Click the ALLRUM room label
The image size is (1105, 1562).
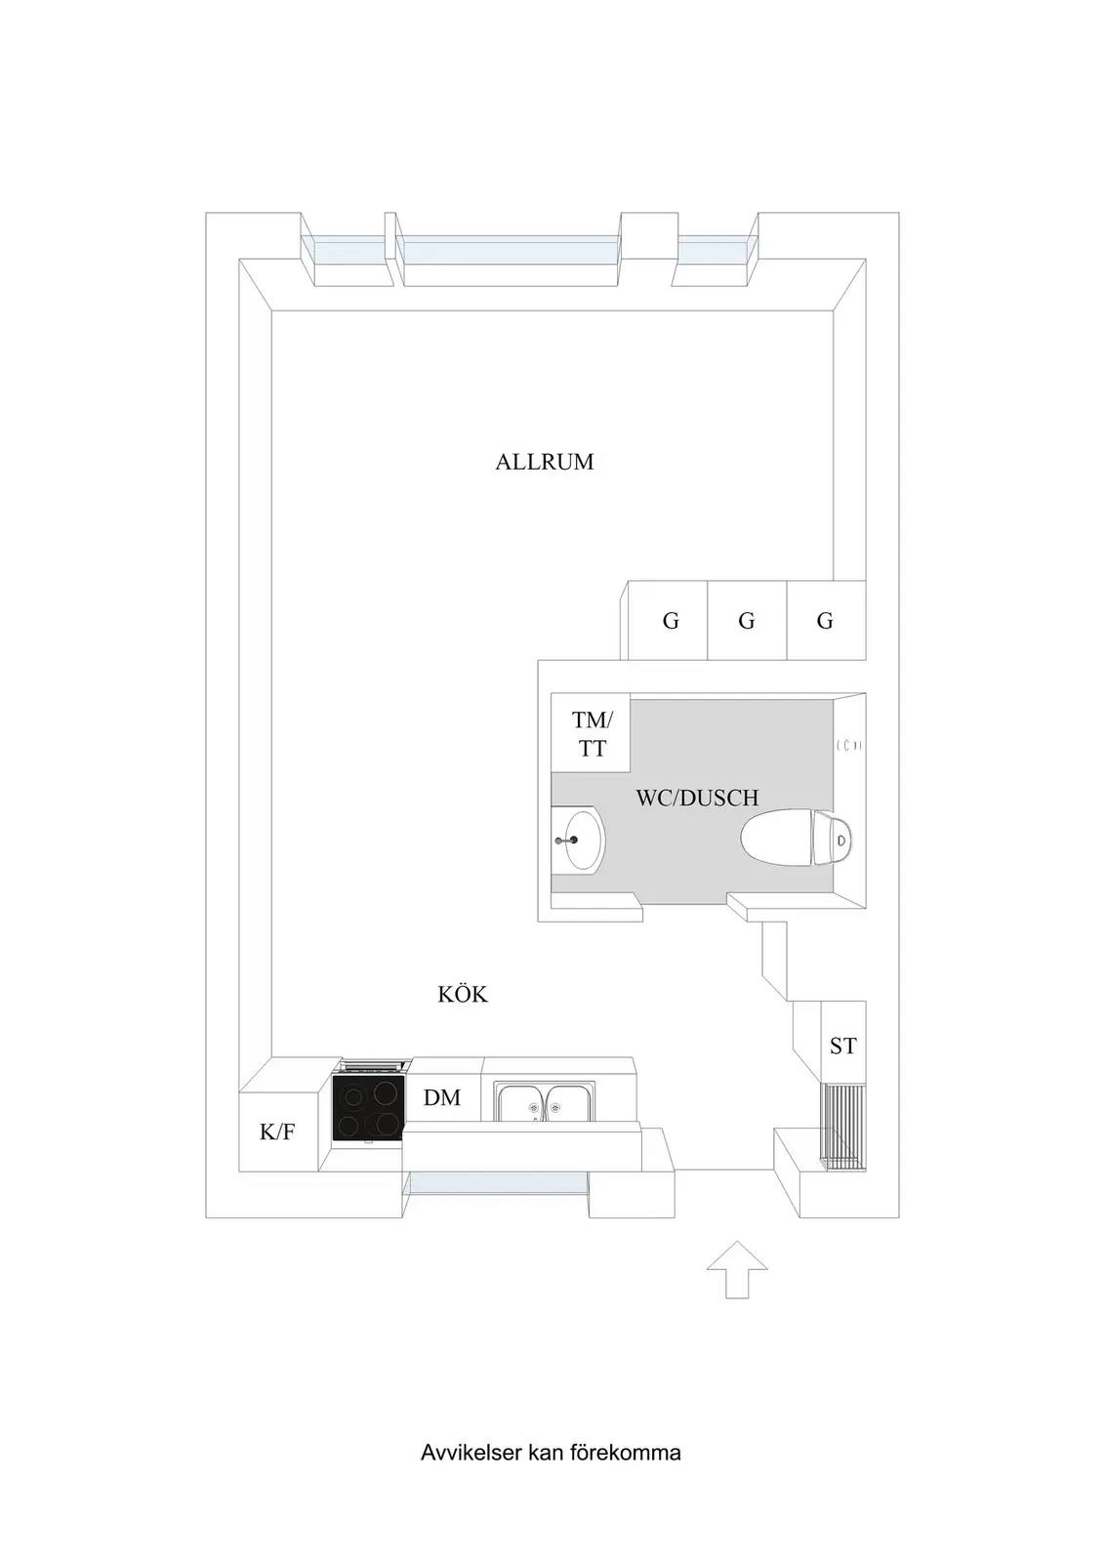[x=545, y=462]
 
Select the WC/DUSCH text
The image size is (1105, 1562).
[x=696, y=798]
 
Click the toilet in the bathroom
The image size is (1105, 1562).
[x=797, y=838]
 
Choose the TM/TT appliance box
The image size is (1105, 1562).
[x=591, y=732]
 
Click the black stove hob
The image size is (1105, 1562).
[x=368, y=1108]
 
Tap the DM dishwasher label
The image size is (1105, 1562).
[x=442, y=1097]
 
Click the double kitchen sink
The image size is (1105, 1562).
[x=546, y=1102]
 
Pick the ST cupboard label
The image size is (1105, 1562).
[x=842, y=1046]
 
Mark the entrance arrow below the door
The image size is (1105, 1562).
[x=737, y=1269]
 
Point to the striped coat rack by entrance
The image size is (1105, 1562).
[x=843, y=1127]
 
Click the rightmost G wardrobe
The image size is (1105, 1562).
[x=826, y=620]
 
